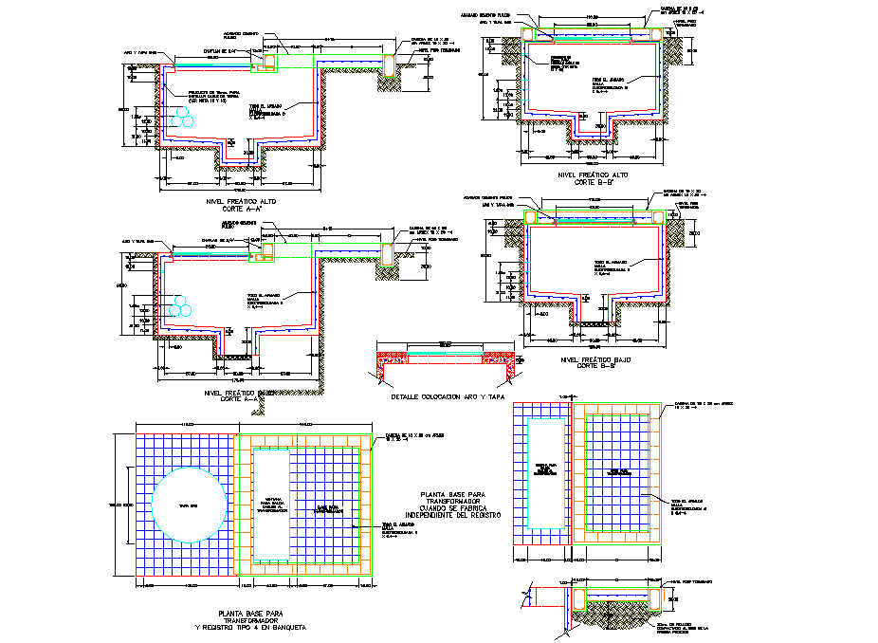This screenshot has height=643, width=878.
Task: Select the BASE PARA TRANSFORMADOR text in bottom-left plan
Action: coord(328,508)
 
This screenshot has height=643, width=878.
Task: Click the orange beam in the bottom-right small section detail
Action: coord(579,597)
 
